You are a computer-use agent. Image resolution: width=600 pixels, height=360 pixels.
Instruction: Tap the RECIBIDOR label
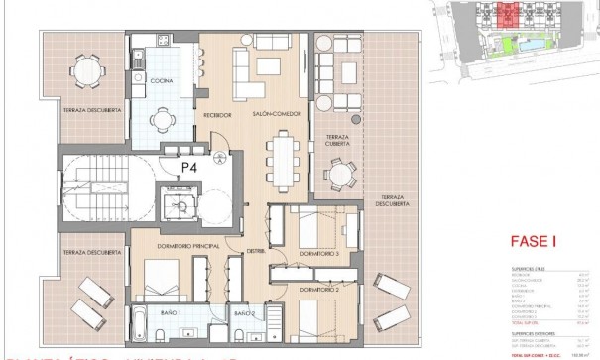pyautogui.click(x=217, y=115)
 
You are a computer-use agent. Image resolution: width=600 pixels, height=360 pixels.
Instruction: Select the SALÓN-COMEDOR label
pyautogui.click(x=270, y=115)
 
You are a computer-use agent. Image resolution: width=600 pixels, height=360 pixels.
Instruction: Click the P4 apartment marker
pyautogui.click(x=187, y=168)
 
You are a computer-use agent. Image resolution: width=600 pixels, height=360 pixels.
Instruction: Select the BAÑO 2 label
pyautogui.click(x=244, y=313)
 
